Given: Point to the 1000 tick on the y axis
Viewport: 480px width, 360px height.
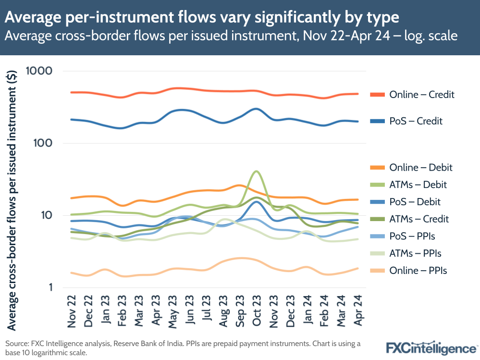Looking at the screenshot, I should pyautogui.click(x=37, y=71).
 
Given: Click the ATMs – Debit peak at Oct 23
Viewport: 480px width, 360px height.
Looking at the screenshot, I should pyautogui.click(x=257, y=171).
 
